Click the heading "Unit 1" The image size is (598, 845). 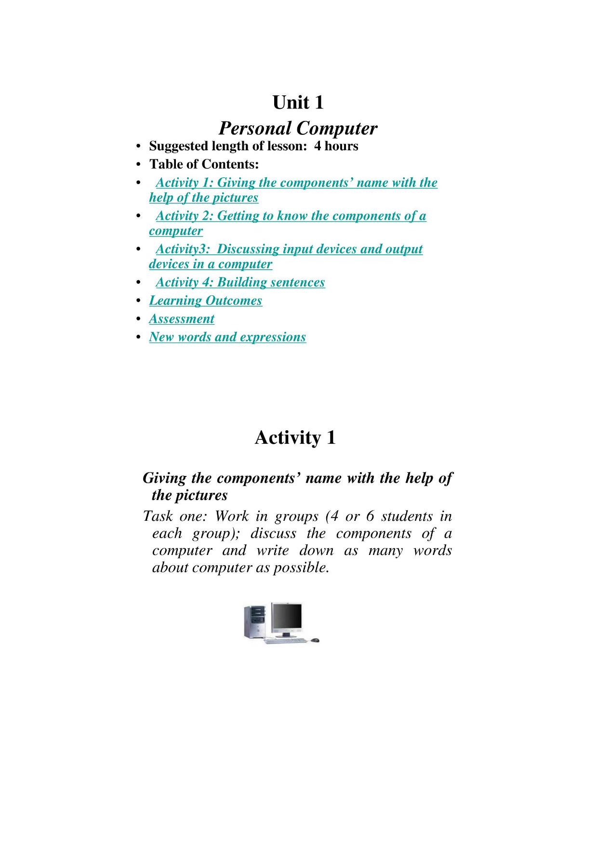pos(298,103)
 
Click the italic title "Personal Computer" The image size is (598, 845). pos(298,129)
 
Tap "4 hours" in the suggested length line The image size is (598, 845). pos(336,146)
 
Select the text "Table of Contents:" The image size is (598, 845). pos(204,164)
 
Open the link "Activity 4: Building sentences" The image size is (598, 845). pos(240,282)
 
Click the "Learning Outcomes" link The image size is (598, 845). pos(205,301)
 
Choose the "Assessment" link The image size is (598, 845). pos(182,319)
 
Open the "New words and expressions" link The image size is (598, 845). pos(227,337)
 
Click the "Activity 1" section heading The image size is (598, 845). pos(295,437)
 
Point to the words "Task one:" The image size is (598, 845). pos(175,516)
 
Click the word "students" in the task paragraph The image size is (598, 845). pos(407,516)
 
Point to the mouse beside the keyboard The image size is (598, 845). pos(315,640)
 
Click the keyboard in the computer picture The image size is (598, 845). pos(285,641)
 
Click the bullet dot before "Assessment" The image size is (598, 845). pos(138,319)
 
